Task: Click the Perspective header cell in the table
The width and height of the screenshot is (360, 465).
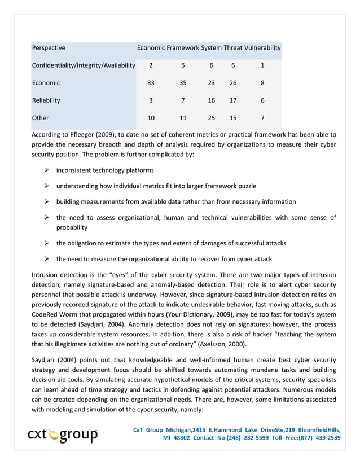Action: (49, 48)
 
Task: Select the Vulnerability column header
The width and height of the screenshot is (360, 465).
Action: (262, 48)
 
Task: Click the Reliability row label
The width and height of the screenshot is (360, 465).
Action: (46, 100)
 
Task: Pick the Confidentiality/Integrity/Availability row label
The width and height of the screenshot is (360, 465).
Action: (84, 65)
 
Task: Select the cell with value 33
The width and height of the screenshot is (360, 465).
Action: (151, 83)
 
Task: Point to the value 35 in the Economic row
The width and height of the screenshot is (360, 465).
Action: (182, 83)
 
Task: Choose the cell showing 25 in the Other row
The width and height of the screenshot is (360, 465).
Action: (211, 118)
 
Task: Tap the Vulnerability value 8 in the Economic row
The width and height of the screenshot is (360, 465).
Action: (262, 83)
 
